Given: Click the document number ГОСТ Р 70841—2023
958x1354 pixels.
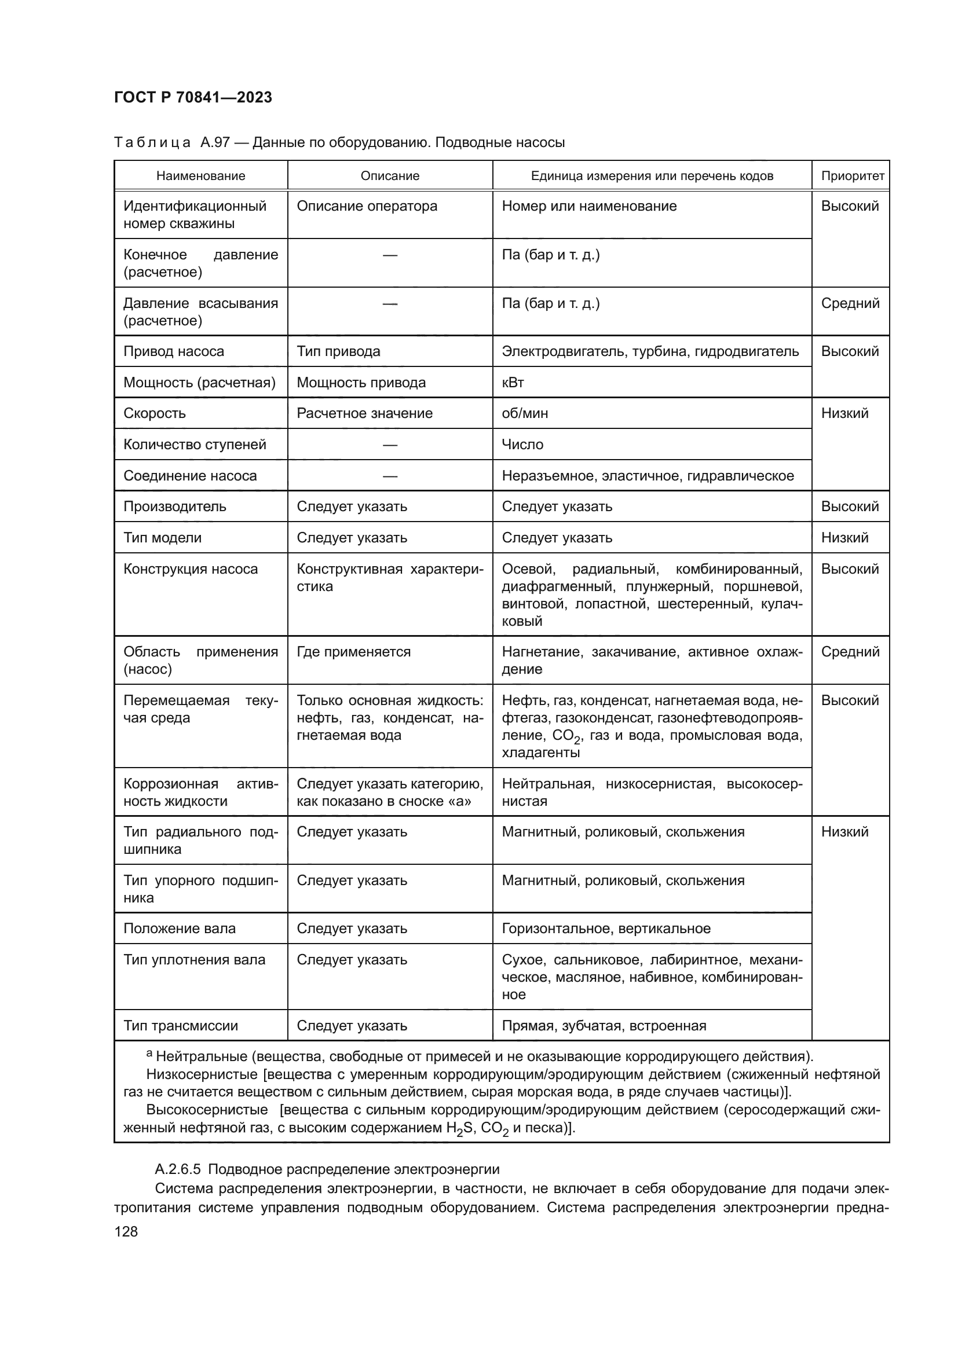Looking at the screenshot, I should pyautogui.click(x=193, y=98).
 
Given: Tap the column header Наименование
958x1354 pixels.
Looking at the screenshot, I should pyautogui.click(x=200, y=176).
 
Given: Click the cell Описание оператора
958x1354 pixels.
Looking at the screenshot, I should pyautogui.click(x=367, y=207).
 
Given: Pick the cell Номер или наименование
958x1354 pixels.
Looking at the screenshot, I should pyautogui.click(x=588, y=207).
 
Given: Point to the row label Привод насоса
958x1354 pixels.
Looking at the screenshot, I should pyautogui.click(x=173, y=351).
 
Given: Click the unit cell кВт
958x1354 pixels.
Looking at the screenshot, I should pyautogui.click(x=513, y=383).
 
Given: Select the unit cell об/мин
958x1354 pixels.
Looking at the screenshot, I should pyautogui.click(x=524, y=413).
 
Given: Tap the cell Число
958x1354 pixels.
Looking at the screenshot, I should pyautogui.click(x=522, y=445).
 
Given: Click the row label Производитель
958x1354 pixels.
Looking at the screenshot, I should pyautogui.click(x=174, y=507).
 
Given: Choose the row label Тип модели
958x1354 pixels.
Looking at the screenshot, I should pyautogui.click(x=162, y=538).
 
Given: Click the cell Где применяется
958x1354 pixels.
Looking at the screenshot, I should pyautogui.click(x=353, y=652).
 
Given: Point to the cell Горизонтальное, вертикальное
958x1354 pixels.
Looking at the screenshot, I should pyautogui.click(x=606, y=928).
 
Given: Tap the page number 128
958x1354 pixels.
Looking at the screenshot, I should pyautogui.click(x=126, y=1231).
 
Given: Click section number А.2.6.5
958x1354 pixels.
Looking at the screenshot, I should pyautogui.click(x=178, y=1169).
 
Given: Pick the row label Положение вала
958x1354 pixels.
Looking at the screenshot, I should pyautogui.click(x=180, y=928).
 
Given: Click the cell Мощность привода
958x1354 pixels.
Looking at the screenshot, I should pyautogui.click(x=361, y=383).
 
